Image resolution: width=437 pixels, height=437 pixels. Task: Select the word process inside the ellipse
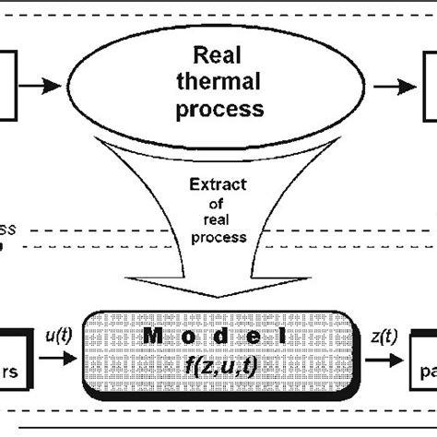(x=220, y=110)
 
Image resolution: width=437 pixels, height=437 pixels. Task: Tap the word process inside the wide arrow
(x=218, y=238)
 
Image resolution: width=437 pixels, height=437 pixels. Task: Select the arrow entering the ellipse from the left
(x=43, y=86)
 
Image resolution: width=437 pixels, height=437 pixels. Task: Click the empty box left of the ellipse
(x=9, y=86)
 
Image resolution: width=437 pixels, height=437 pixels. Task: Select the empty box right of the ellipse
(x=429, y=86)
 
